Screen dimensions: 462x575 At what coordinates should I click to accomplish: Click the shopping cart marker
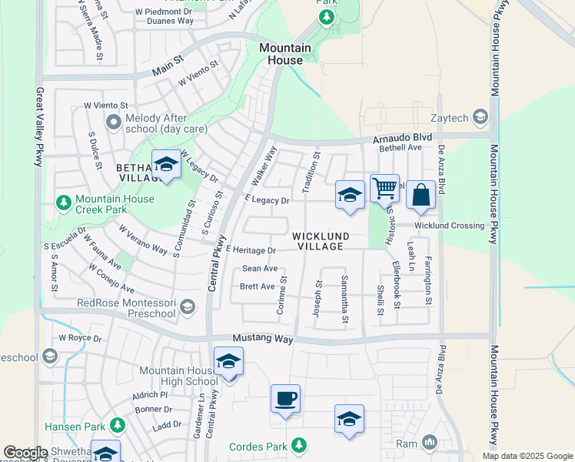tap(384, 187)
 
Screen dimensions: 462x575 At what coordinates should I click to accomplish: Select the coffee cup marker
tap(285, 399)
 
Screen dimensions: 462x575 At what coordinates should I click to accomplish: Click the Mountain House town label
tap(285, 54)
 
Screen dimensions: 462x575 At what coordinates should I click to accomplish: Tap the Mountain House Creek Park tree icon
tap(65, 203)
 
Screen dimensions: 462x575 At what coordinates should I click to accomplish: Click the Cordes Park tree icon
tap(297, 446)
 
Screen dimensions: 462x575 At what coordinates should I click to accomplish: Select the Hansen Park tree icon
tap(118, 425)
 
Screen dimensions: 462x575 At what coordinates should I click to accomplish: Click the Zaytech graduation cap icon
tap(481, 117)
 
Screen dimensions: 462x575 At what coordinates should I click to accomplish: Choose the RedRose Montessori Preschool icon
tap(187, 309)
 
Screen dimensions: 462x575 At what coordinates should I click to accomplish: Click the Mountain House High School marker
tap(228, 361)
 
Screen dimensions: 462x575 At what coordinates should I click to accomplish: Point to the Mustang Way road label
tap(263, 340)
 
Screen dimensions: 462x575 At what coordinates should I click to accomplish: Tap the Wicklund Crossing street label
tap(450, 226)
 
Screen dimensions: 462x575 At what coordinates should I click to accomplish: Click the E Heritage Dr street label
tap(251, 250)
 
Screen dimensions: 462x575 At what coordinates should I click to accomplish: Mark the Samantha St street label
tap(344, 300)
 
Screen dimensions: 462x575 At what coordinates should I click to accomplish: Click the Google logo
tap(25, 453)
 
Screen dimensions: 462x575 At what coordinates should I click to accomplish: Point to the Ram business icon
tap(428, 444)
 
